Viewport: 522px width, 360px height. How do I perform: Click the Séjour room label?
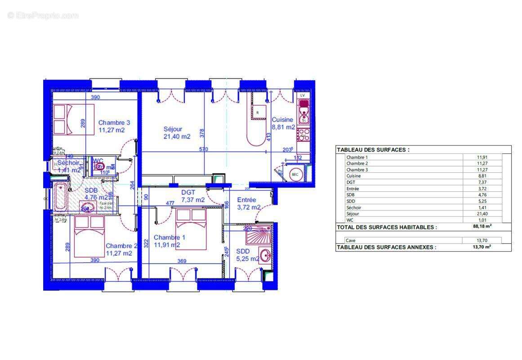173,129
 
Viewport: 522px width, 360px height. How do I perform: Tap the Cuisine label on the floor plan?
282,120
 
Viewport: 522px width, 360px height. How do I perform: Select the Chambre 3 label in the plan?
114,122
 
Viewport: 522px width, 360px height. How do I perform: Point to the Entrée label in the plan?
246,200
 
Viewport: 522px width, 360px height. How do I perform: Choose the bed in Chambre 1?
191,229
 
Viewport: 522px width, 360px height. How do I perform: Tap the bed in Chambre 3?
74,119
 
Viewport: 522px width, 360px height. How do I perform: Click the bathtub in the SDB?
60,196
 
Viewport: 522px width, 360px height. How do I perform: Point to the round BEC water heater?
295,174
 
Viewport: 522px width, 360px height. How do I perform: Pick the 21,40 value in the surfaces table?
482,214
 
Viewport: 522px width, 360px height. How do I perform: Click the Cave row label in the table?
350,241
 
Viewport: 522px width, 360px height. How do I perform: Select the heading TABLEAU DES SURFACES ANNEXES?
386,247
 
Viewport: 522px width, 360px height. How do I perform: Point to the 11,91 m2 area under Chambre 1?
167,245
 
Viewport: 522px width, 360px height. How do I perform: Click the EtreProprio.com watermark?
43,16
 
